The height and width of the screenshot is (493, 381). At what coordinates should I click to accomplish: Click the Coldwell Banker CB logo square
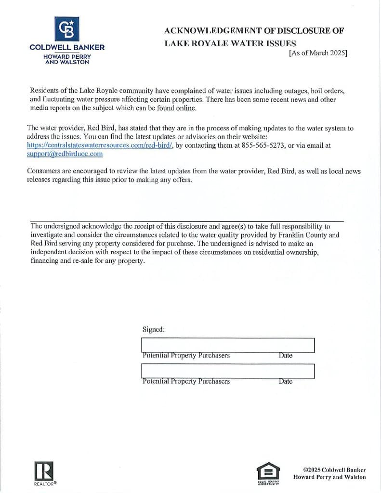[x=67, y=28]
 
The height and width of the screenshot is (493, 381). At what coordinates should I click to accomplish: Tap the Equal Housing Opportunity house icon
[x=268, y=470]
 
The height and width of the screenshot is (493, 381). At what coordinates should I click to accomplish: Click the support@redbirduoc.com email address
[x=65, y=154]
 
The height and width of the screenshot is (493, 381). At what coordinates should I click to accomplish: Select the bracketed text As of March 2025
[x=318, y=53]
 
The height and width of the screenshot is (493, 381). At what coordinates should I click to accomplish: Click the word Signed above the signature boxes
[x=154, y=330]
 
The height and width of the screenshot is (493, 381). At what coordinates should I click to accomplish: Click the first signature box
[x=227, y=345]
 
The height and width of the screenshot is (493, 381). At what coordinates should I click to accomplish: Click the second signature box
[x=227, y=371]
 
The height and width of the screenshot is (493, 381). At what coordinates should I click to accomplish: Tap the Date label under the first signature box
[x=285, y=356]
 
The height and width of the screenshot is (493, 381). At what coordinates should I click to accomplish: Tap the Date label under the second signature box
[x=285, y=381]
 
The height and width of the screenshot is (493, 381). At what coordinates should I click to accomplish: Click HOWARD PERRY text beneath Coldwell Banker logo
[x=67, y=56]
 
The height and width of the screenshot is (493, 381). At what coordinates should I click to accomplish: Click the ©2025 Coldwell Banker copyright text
[x=334, y=469]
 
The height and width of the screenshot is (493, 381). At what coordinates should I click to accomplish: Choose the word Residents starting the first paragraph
[x=45, y=91]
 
